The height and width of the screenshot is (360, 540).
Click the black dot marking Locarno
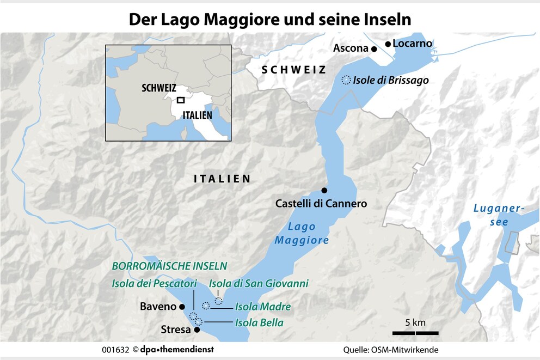tap(388, 44)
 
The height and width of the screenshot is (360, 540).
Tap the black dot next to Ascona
tap(374, 49)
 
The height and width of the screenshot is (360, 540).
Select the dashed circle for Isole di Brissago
tap(346, 80)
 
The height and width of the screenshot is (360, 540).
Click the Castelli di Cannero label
tap(321, 204)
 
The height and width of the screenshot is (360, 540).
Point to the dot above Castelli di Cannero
tap(324, 190)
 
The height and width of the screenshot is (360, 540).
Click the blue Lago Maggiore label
tap(302, 234)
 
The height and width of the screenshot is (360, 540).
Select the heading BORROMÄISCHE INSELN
tap(169, 266)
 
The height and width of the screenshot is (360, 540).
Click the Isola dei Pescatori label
tap(154, 283)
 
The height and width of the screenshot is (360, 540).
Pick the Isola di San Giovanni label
tap(259, 283)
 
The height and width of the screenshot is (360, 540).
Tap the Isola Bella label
tap(259, 323)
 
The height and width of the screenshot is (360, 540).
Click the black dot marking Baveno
tap(182, 307)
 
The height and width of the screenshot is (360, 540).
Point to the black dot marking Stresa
tap(197, 330)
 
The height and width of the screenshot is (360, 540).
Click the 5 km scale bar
tap(415, 332)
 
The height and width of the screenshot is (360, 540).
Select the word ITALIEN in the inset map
tap(198, 115)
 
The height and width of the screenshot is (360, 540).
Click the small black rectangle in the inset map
tap(181, 100)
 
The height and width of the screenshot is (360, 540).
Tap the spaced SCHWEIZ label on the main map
tap(293, 70)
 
